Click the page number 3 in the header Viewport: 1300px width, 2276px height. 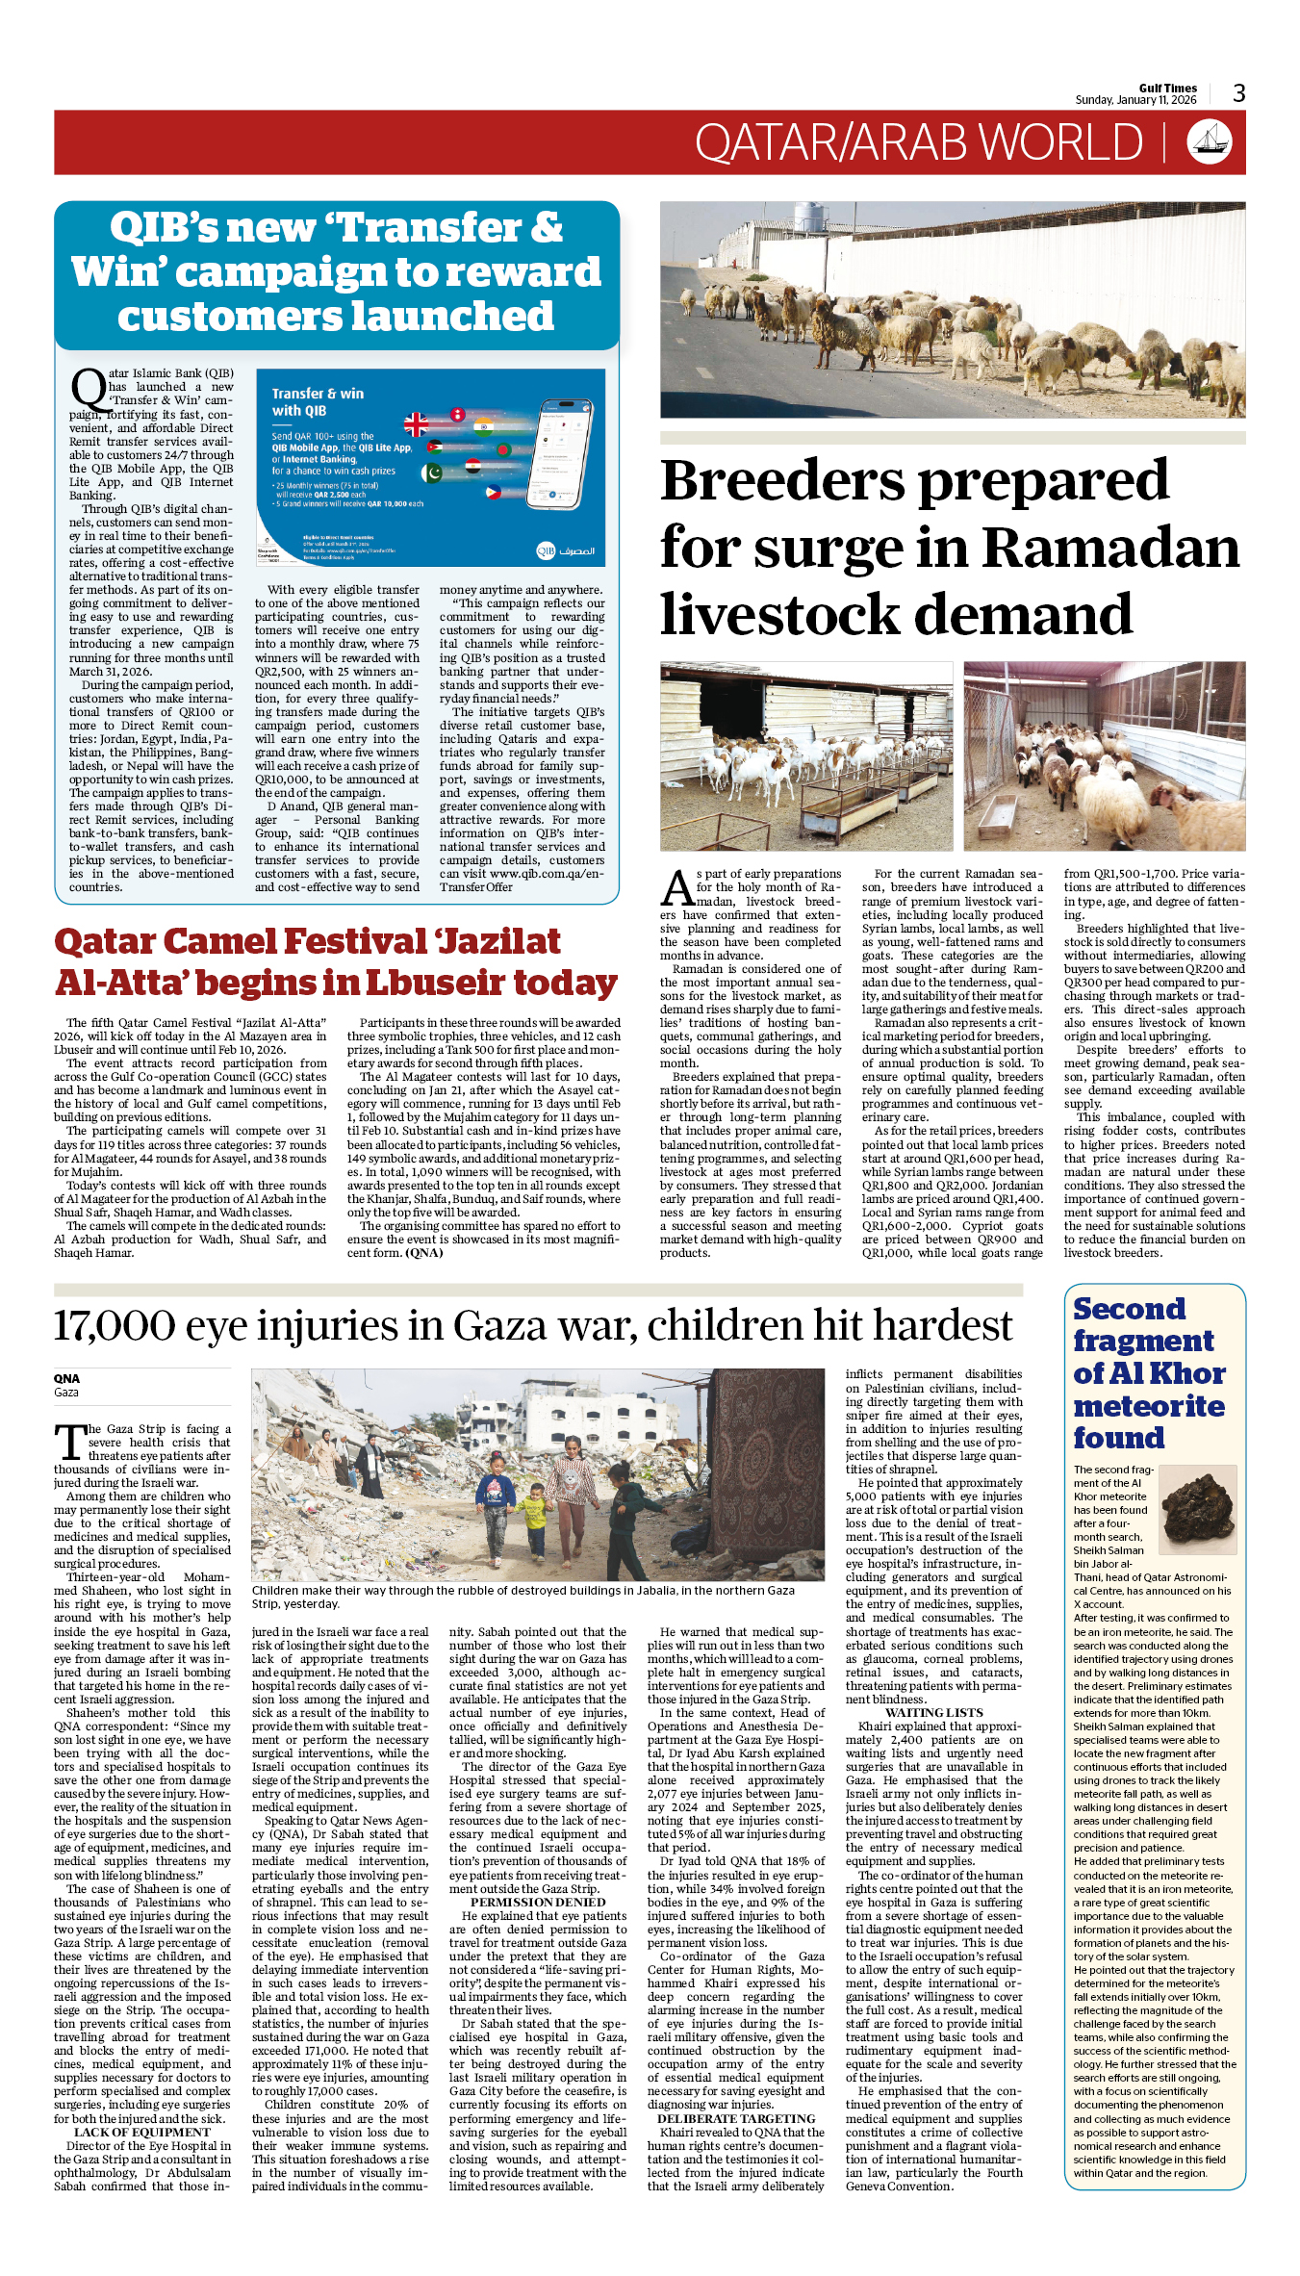point(1238,93)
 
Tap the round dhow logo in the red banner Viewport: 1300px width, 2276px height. point(1209,141)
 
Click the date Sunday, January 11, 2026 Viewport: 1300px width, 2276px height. point(1135,100)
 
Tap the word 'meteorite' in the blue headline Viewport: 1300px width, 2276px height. point(1149,1406)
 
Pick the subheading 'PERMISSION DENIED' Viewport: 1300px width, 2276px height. point(538,1902)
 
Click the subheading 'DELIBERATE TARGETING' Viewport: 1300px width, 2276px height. point(736,2118)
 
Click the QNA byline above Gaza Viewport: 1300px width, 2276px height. point(66,1378)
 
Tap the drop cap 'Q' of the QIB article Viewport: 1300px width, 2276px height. point(88,390)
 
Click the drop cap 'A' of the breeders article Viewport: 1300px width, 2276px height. point(677,889)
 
